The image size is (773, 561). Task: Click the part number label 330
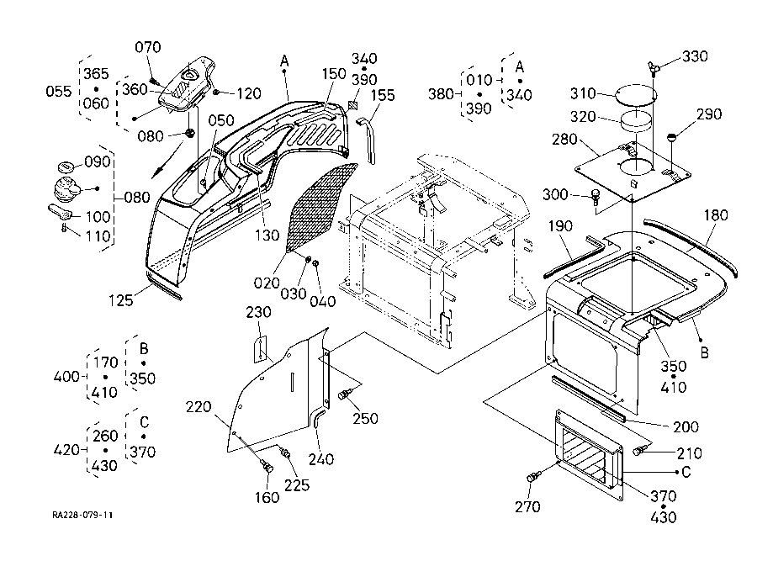[695, 56]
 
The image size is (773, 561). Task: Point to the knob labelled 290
[671, 137]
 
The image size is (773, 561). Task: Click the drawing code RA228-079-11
[82, 515]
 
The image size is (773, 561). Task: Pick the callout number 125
[121, 299]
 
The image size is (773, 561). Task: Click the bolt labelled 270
[533, 477]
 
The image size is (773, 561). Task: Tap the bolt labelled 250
[344, 394]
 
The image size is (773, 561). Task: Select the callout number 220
[199, 407]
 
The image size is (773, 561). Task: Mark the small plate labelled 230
[261, 349]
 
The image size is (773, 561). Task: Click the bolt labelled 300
[596, 196]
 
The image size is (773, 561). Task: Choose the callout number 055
[59, 91]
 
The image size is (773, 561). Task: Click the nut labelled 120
[216, 93]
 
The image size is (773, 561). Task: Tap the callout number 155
[383, 95]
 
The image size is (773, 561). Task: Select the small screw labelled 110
[64, 228]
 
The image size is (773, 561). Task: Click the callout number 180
[716, 215]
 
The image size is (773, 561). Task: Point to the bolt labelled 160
[268, 466]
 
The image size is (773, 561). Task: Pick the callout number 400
[66, 377]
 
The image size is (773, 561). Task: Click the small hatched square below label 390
[353, 106]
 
